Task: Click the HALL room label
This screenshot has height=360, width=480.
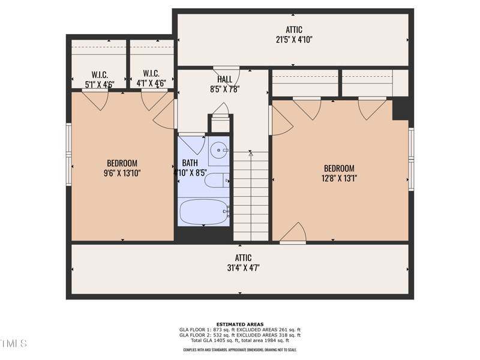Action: tap(225, 79)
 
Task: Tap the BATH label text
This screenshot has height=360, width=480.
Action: tap(190, 163)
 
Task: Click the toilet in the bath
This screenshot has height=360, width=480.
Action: tap(217, 180)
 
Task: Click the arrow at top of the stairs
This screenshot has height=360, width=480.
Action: tap(251, 154)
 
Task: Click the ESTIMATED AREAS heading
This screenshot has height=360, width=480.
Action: tap(240, 325)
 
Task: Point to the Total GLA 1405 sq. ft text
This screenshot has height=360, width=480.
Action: tap(240, 340)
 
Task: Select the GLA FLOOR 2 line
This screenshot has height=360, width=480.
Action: tap(240, 335)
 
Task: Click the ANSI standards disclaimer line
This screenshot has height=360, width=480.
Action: tap(240, 350)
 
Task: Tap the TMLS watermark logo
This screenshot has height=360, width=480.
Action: tap(13, 344)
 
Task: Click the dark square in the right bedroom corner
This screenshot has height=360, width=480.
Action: tap(400, 109)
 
